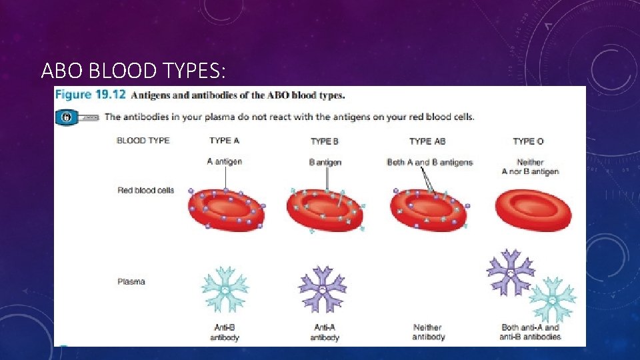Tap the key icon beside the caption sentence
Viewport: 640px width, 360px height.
(x=67, y=117)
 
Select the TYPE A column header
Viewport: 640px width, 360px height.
(x=224, y=141)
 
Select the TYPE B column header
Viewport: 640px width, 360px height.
(x=325, y=141)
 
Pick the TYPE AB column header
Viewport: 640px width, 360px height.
(x=427, y=141)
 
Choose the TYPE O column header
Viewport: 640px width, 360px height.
(x=529, y=141)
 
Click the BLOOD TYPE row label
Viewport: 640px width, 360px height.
(x=143, y=141)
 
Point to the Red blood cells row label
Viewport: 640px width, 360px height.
(x=145, y=191)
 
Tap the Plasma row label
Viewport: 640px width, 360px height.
(x=131, y=281)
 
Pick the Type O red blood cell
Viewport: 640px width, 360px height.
(x=533, y=209)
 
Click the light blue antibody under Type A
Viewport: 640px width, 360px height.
(x=225, y=289)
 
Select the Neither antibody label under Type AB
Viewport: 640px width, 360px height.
(x=427, y=332)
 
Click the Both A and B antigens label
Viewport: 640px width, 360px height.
(x=429, y=163)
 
